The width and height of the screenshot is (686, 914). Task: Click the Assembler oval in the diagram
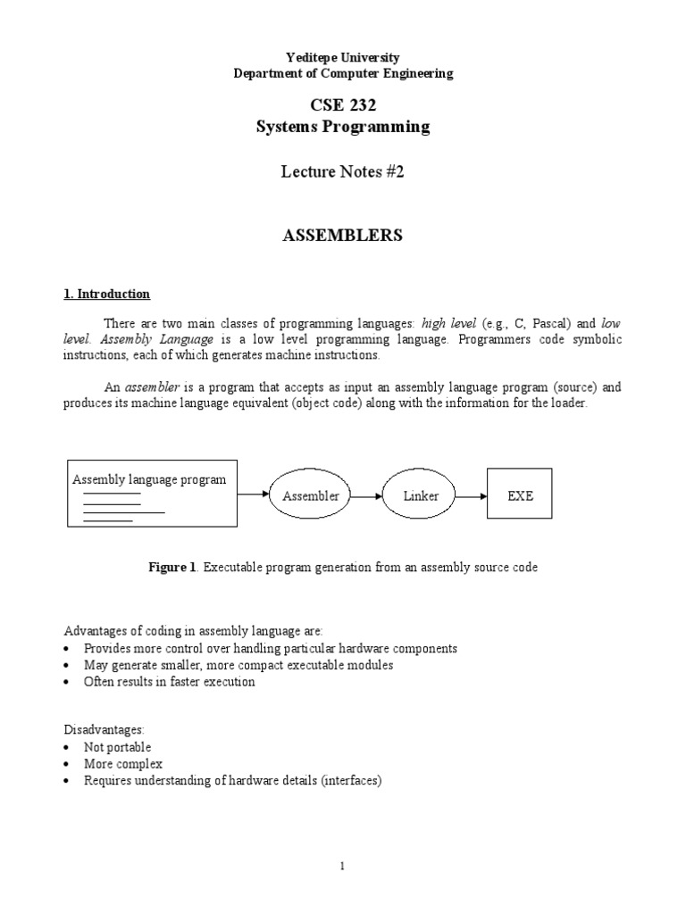tap(311, 495)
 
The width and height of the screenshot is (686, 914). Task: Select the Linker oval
tap(421, 495)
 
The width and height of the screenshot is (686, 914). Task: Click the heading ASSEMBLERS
tap(343, 236)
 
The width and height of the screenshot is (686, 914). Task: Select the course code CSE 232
tap(343, 104)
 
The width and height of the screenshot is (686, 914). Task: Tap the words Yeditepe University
tap(343, 58)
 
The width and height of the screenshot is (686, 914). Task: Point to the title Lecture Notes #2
tap(343, 172)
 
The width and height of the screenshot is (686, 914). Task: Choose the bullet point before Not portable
tap(70, 748)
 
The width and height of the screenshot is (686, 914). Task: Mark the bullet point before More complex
tap(70, 765)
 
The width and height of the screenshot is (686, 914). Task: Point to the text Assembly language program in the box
tap(149, 479)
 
